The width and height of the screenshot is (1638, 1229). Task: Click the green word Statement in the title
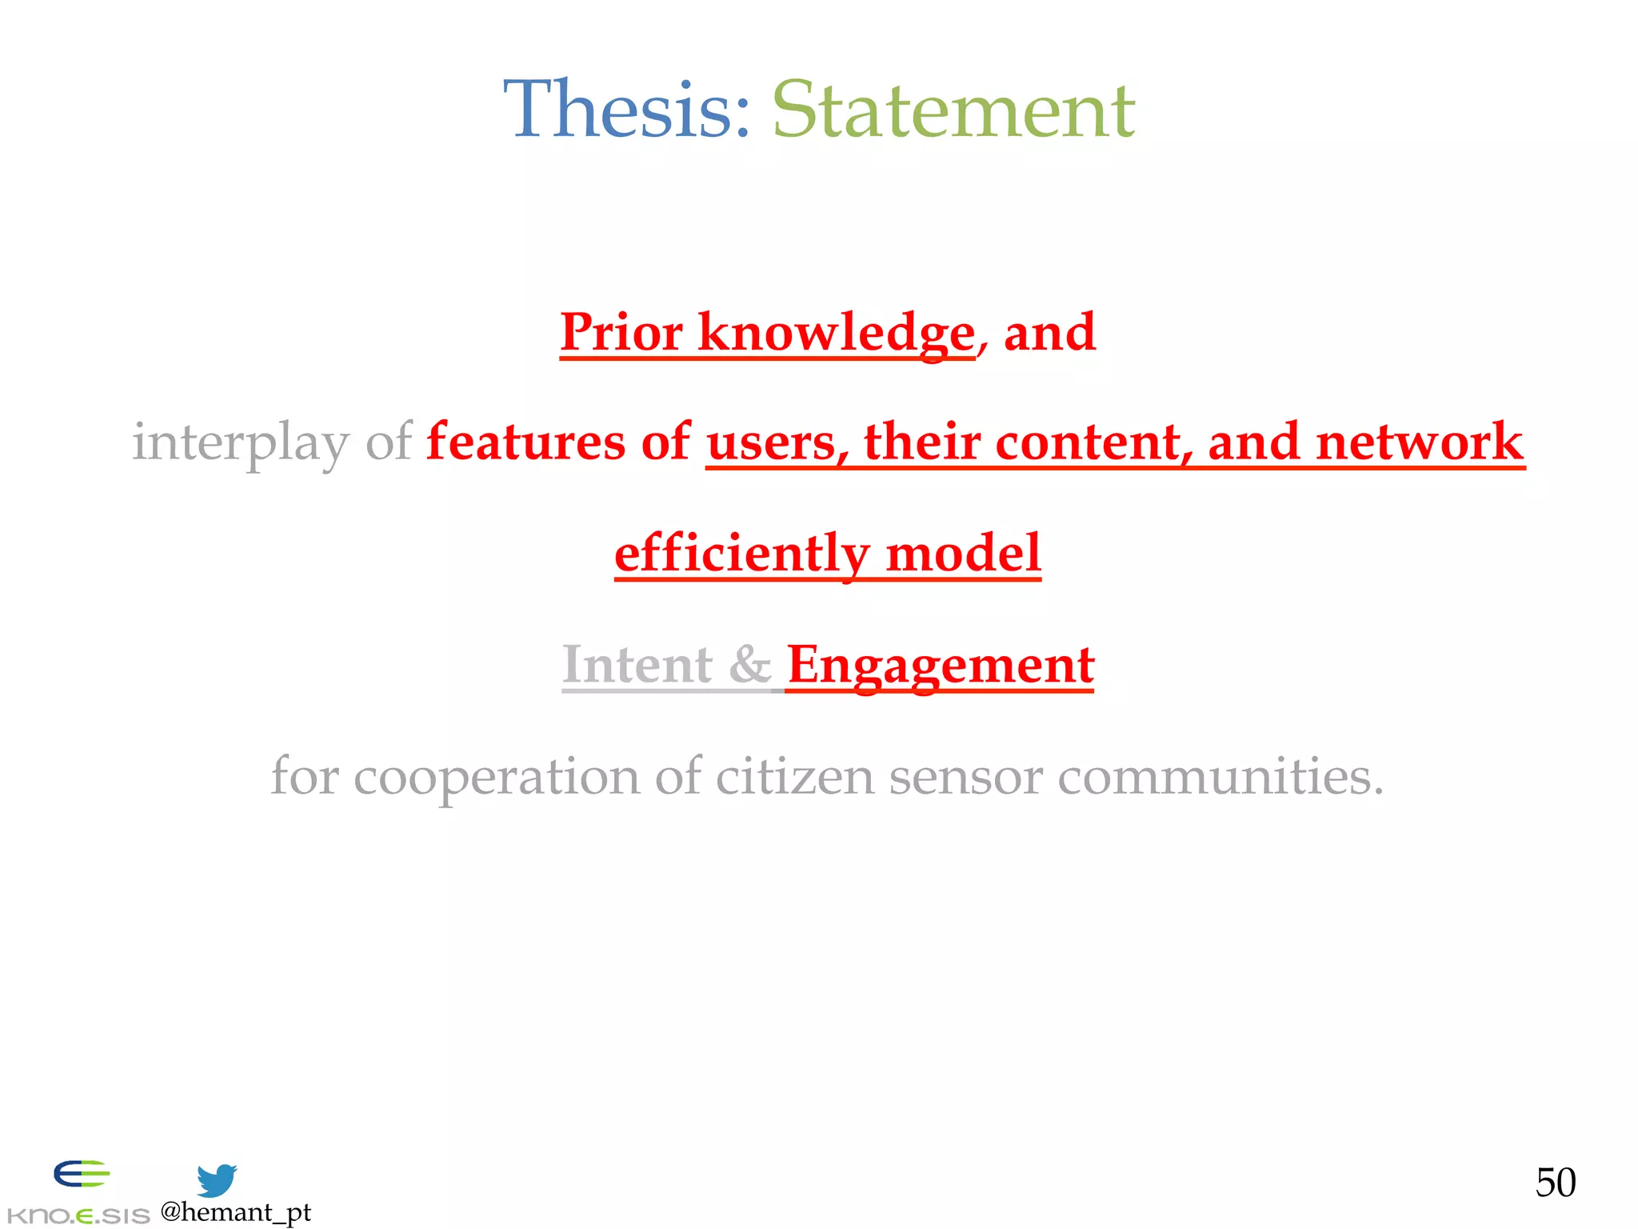[x=953, y=110]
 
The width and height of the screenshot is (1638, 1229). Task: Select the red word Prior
[x=621, y=331]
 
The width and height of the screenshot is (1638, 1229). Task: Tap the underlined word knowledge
[x=837, y=331]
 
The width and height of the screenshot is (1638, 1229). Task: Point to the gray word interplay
[x=240, y=442]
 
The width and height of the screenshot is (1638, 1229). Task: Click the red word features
[x=525, y=442]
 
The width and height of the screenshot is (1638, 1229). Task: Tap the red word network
[x=1420, y=442]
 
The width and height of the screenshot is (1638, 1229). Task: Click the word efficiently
[x=741, y=553]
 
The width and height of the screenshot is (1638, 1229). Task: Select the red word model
[x=964, y=553]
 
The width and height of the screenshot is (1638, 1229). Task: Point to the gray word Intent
[x=637, y=664]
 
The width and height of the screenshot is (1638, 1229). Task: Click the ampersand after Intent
[x=750, y=664]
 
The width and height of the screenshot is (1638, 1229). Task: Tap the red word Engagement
[x=941, y=664]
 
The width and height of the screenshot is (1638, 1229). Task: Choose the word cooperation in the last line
[x=497, y=776]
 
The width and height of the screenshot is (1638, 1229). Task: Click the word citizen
[x=795, y=776]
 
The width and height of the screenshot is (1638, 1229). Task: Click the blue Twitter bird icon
[x=217, y=1180]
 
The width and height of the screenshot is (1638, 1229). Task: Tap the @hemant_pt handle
[x=236, y=1212]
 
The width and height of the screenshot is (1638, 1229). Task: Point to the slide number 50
[x=1556, y=1183]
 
